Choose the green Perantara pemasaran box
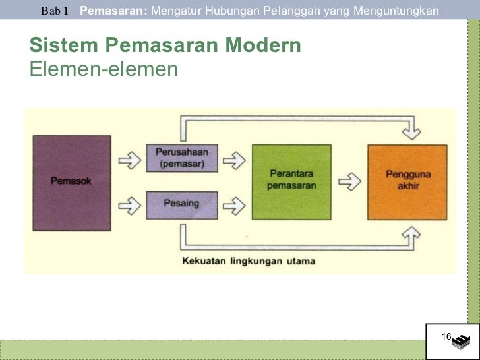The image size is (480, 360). tap(291, 182)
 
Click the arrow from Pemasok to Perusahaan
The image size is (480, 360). tap(129, 159)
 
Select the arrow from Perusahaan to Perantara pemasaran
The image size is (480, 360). tap(235, 159)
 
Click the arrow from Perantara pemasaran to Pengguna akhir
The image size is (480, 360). tap(349, 181)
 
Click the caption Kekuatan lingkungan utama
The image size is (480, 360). tap(249, 261)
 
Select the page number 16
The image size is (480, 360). tap(446, 338)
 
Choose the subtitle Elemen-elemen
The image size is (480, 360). tap(104, 68)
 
